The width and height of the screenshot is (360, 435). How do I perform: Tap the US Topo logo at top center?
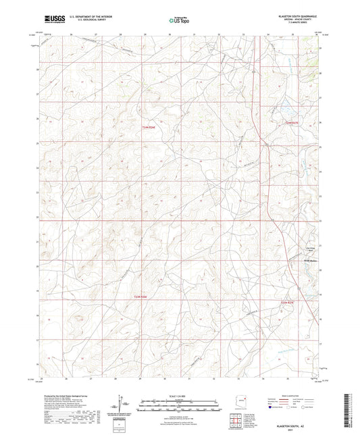click(179, 21)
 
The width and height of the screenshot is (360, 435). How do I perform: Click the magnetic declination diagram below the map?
click(123, 405)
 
